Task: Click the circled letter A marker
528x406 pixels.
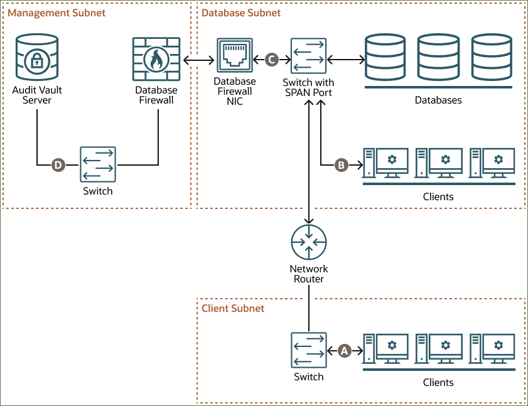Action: pyautogui.click(x=344, y=351)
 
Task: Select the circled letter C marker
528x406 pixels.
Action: pyautogui.click(x=271, y=60)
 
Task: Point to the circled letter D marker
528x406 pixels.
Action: pyautogui.click(x=58, y=165)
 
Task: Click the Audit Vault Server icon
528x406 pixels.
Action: pyautogui.click(x=37, y=59)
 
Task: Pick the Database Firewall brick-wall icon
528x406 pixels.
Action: pyautogui.click(x=156, y=59)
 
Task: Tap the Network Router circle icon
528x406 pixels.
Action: pyautogui.click(x=309, y=243)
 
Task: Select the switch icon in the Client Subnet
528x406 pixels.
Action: pyautogui.click(x=309, y=351)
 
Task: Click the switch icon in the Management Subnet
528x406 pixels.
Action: pyautogui.click(x=98, y=165)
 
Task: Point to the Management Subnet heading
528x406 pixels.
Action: pyautogui.click(x=57, y=13)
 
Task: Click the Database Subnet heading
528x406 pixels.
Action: pyautogui.click(x=241, y=13)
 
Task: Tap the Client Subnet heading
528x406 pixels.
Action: pyautogui.click(x=233, y=308)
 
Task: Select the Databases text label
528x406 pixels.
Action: pyautogui.click(x=438, y=100)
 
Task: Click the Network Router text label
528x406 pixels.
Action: pyautogui.click(x=309, y=274)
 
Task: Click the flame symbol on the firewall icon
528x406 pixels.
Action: pyautogui.click(x=156, y=60)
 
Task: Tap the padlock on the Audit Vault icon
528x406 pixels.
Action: pyautogui.click(x=37, y=61)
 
